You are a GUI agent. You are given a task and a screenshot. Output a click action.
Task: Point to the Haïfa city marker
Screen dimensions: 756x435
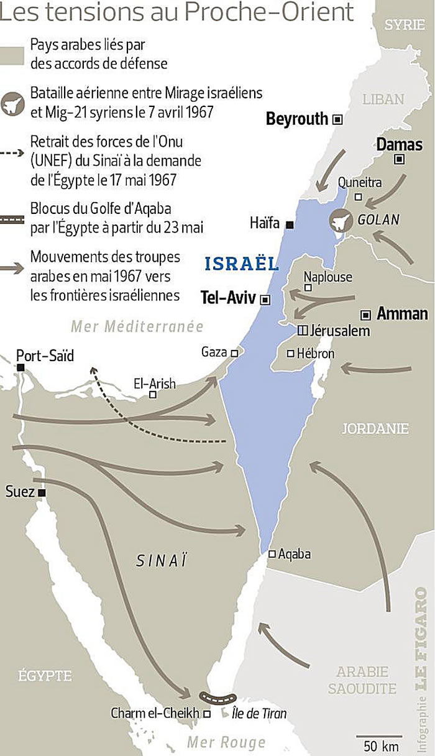coord(290,224)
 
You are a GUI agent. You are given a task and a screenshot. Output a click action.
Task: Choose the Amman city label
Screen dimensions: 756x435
coord(402,313)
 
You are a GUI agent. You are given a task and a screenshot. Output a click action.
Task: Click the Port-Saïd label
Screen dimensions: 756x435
coord(45,356)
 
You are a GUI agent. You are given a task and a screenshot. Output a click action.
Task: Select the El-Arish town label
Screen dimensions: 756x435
coord(154,384)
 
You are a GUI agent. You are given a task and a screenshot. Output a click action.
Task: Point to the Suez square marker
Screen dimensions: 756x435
coord(42,492)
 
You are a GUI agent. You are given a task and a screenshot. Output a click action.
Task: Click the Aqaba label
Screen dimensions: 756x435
coord(295,554)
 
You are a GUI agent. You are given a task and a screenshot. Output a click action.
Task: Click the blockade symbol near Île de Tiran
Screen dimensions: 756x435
coord(217,698)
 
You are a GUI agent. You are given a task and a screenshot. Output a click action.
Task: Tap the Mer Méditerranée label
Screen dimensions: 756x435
coord(137,326)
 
